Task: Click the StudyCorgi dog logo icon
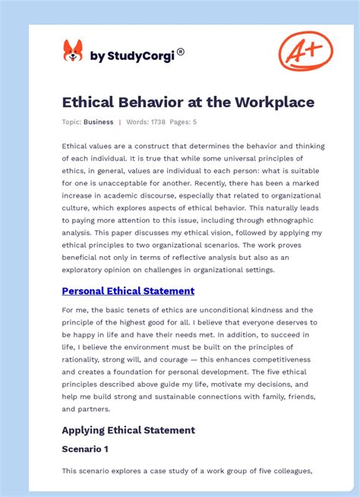tap(72, 52)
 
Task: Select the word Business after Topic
tap(99, 122)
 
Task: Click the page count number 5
tap(194, 122)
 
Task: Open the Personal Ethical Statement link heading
tap(128, 291)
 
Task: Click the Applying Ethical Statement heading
tap(128, 430)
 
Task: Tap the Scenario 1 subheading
tap(85, 449)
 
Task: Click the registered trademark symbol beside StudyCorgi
tap(181, 52)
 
